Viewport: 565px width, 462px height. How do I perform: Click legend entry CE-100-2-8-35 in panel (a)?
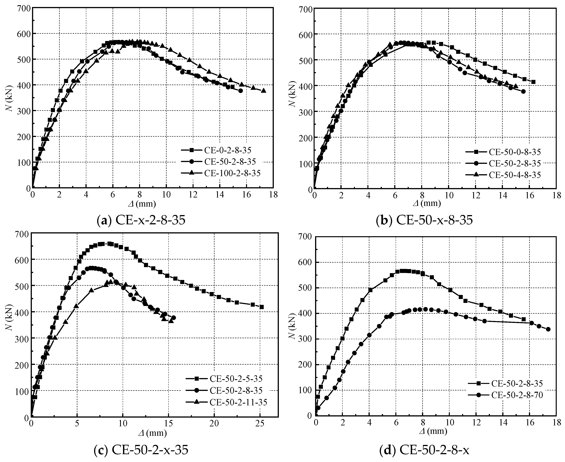232,173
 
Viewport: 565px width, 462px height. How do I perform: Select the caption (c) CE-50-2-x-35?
141,450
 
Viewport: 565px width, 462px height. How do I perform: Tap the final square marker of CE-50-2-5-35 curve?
262,307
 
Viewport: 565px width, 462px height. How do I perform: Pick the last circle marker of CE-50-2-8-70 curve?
548,329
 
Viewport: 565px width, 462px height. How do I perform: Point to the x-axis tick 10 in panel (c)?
123,423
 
